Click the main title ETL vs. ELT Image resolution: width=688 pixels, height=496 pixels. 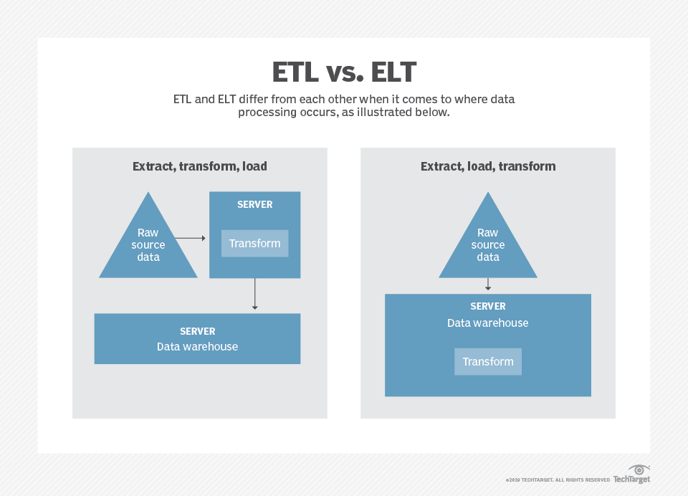(344, 73)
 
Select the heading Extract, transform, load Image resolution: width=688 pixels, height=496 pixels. (199, 166)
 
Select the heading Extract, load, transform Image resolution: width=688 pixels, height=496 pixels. (488, 166)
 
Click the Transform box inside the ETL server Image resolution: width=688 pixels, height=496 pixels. (254, 243)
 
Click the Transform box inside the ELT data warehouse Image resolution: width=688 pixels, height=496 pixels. (488, 361)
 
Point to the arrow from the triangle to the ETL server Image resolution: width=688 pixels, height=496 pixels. (190, 237)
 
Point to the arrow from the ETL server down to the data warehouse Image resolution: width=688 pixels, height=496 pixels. (254, 295)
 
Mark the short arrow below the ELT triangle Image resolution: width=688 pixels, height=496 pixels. (488, 285)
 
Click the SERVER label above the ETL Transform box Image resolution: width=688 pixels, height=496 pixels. (254, 204)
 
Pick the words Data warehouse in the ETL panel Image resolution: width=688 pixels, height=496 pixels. (197, 347)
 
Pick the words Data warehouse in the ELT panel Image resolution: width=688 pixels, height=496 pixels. (488, 323)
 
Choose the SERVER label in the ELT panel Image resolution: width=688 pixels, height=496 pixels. (488, 306)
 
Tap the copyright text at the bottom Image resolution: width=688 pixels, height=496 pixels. (558, 480)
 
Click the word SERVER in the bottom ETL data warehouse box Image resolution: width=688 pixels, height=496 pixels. (197, 332)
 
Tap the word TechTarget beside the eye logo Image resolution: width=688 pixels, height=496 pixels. (631, 480)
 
